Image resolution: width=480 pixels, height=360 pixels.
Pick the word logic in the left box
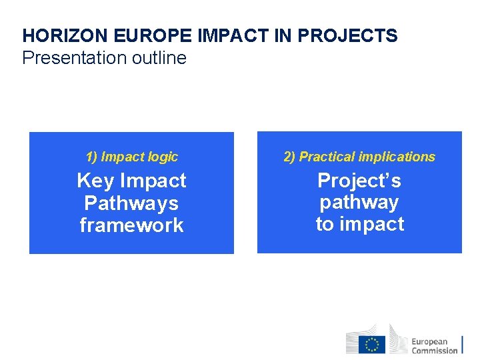pyautogui.click(x=163, y=157)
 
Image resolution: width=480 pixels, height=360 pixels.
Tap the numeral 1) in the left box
pyautogui.click(x=91, y=157)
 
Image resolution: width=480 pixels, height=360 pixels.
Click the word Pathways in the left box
pyautogui.click(x=131, y=203)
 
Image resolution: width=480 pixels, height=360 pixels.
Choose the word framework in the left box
pyautogui.click(x=131, y=225)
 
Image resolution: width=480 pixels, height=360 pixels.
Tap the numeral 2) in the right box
pyautogui.click(x=289, y=157)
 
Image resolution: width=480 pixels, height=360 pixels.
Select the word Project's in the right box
pyautogui.click(x=359, y=181)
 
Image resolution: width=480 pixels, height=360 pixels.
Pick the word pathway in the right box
pyautogui.click(x=359, y=202)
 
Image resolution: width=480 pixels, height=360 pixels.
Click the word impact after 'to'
pyautogui.click(x=371, y=224)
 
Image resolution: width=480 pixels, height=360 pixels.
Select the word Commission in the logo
pyautogui.click(x=435, y=351)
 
